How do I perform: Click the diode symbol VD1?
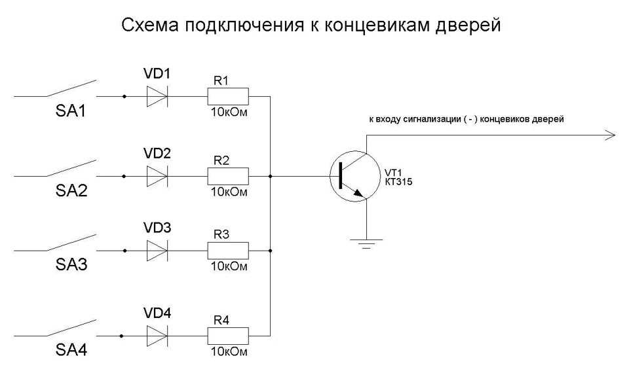157,98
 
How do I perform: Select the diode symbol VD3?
157,250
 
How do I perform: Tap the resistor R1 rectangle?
228,98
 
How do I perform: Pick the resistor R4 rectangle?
228,336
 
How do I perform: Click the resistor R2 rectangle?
228,176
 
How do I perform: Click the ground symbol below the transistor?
366,244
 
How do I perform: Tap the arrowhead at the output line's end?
611,135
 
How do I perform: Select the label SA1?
71,112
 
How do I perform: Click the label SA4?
71,350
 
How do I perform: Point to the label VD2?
157,154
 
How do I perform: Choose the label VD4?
157,313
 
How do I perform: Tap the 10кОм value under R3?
229,267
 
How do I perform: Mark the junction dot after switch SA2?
124,176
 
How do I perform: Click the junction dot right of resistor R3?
270,250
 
